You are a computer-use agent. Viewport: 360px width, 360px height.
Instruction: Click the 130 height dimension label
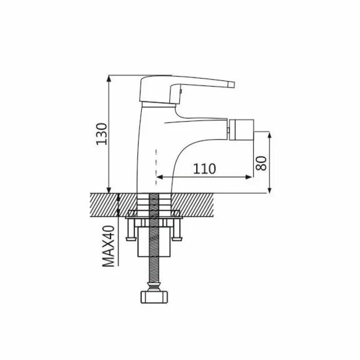point(102,134)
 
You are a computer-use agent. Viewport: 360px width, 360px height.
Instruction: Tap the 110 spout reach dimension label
point(204,169)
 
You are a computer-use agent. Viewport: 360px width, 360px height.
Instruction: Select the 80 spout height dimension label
point(261,163)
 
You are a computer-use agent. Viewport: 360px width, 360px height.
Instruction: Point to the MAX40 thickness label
point(108,246)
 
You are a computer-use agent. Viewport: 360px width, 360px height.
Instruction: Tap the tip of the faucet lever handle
point(233,85)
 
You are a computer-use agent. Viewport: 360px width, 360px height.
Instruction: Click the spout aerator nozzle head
point(242,130)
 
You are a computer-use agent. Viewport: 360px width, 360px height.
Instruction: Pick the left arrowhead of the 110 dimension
point(159,177)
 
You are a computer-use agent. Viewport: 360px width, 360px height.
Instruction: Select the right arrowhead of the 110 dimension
point(249,177)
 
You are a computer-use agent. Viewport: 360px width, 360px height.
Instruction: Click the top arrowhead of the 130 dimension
point(109,79)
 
